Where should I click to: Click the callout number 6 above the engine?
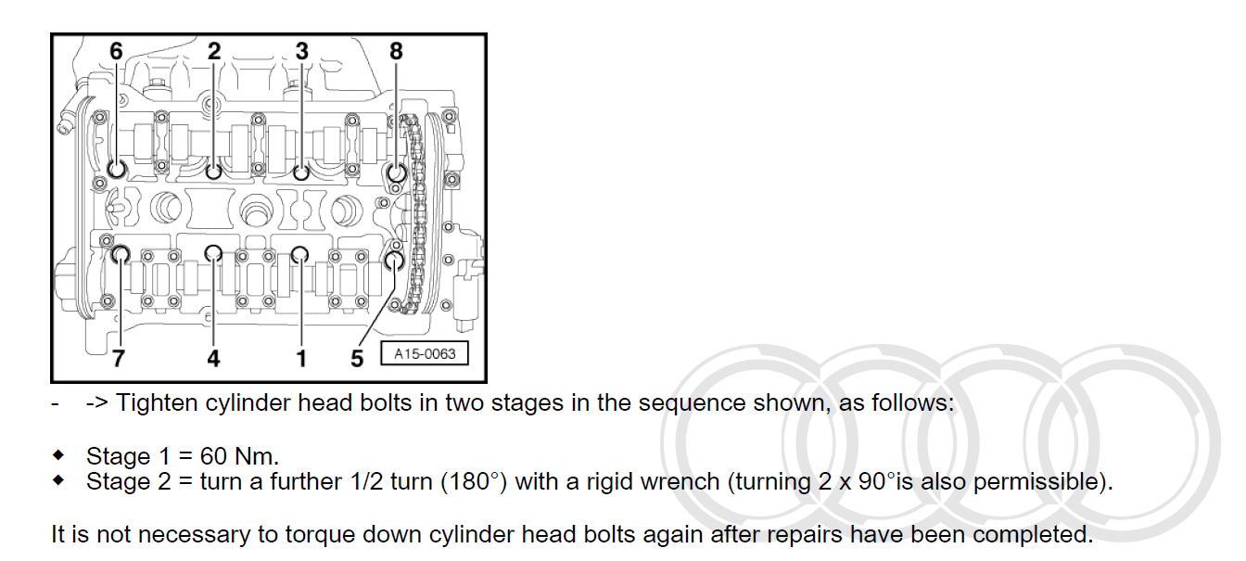click(x=116, y=52)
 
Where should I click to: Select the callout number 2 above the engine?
click(x=214, y=52)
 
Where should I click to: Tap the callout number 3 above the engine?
click(x=301, y=52)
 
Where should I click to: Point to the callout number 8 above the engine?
click(x=397, y=52)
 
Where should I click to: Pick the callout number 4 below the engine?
click(x=213, y=358)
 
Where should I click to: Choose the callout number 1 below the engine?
click(x=301, y=358)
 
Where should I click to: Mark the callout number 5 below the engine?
click(x=358, y=358)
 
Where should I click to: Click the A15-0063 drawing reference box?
click(x=425, y=353)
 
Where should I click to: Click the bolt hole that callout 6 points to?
click(x=117, y=170)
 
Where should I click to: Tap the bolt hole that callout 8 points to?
click(x=396, y=172)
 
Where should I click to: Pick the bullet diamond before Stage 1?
click(x=59, y=455)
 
